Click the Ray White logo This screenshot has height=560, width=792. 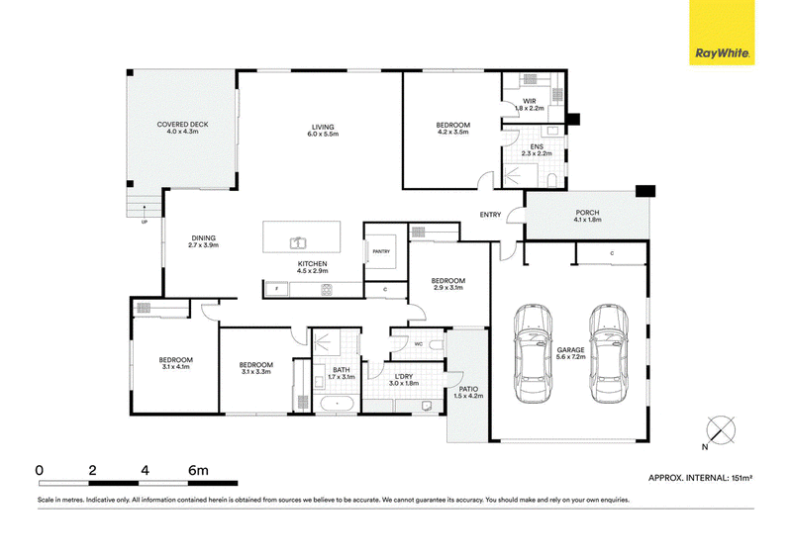(722, 33)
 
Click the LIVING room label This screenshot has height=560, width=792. (323, 127)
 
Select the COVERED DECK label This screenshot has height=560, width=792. (182, 125)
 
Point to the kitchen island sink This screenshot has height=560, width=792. (298, 243)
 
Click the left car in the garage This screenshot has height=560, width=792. (533, 353)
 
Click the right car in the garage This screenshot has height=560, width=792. (608, 353)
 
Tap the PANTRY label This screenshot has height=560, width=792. (381, 251)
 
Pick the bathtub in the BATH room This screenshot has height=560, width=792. (337, 405)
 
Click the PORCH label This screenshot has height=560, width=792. (587, 213)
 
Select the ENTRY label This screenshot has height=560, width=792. (490, 215)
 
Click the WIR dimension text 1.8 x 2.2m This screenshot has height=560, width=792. (530, 108)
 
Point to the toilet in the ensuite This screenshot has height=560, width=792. (551, 180)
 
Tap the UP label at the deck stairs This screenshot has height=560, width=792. (145, 223)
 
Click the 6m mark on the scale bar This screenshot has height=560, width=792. (198, 471)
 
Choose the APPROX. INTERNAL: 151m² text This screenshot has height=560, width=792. (701, 478)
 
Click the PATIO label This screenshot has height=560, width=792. (468, 389)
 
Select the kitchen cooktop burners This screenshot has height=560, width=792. (327, 290)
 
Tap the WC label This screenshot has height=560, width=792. (418, 344)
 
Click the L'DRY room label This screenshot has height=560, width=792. (404, 377)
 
